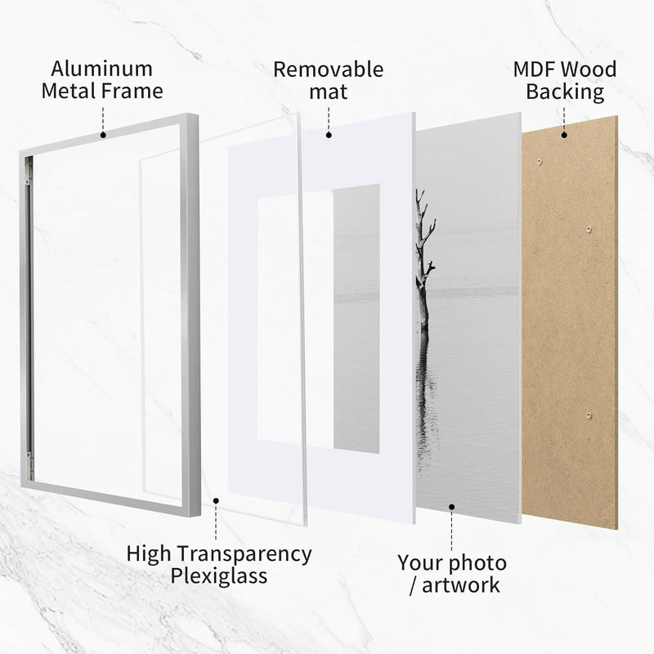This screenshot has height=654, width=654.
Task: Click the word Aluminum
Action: [x=101, y=69]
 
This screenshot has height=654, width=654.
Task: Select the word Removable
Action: [x=329, y=69]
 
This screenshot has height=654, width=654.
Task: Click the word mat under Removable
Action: [x=329, y=92]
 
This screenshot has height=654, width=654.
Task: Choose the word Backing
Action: [x=565, y=92]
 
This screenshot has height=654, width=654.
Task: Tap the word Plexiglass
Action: [x=218, y=576]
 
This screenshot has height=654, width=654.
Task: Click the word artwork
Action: [x=460, y=585]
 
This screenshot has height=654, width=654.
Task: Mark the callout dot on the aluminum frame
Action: [x=103, y=135]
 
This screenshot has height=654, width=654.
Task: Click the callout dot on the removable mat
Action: [x=329, y=135]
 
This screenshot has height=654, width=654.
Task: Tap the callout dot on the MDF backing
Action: [x=564, y=135]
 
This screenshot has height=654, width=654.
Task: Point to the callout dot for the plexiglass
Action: [x=216, y=500]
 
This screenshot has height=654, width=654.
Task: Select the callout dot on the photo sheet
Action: [x=452, y=507]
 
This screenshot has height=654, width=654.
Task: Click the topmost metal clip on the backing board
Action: [x=540, y=161]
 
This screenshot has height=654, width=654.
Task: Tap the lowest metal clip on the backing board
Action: [x=589, y=414]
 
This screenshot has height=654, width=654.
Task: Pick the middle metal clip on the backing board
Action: [x=589, y=229]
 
